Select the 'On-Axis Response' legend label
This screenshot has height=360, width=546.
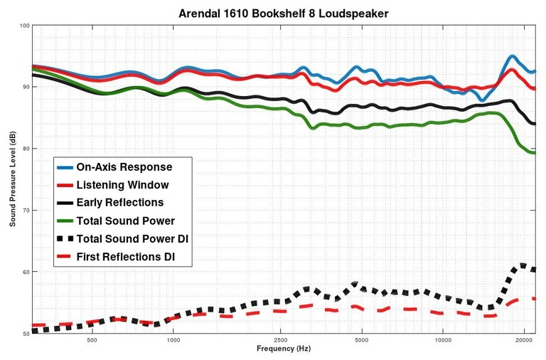(124, 167)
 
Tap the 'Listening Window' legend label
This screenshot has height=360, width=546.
(123, 185)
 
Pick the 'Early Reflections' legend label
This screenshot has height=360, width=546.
(120, 203)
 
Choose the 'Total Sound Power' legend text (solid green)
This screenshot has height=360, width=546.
(125, 221)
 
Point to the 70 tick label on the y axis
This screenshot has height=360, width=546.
(26, 211)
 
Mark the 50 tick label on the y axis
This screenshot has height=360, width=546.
(26, 334)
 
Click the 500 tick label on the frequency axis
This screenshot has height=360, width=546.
(92, 340)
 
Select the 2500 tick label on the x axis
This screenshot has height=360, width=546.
(281, 340)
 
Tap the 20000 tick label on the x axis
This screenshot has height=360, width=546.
(524, 340)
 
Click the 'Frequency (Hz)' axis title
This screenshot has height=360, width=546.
(284, 349)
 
